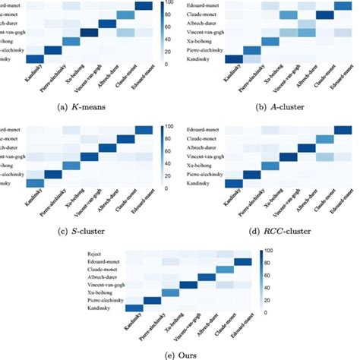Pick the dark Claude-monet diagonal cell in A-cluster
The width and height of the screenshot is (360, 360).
[x=324, y=14]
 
